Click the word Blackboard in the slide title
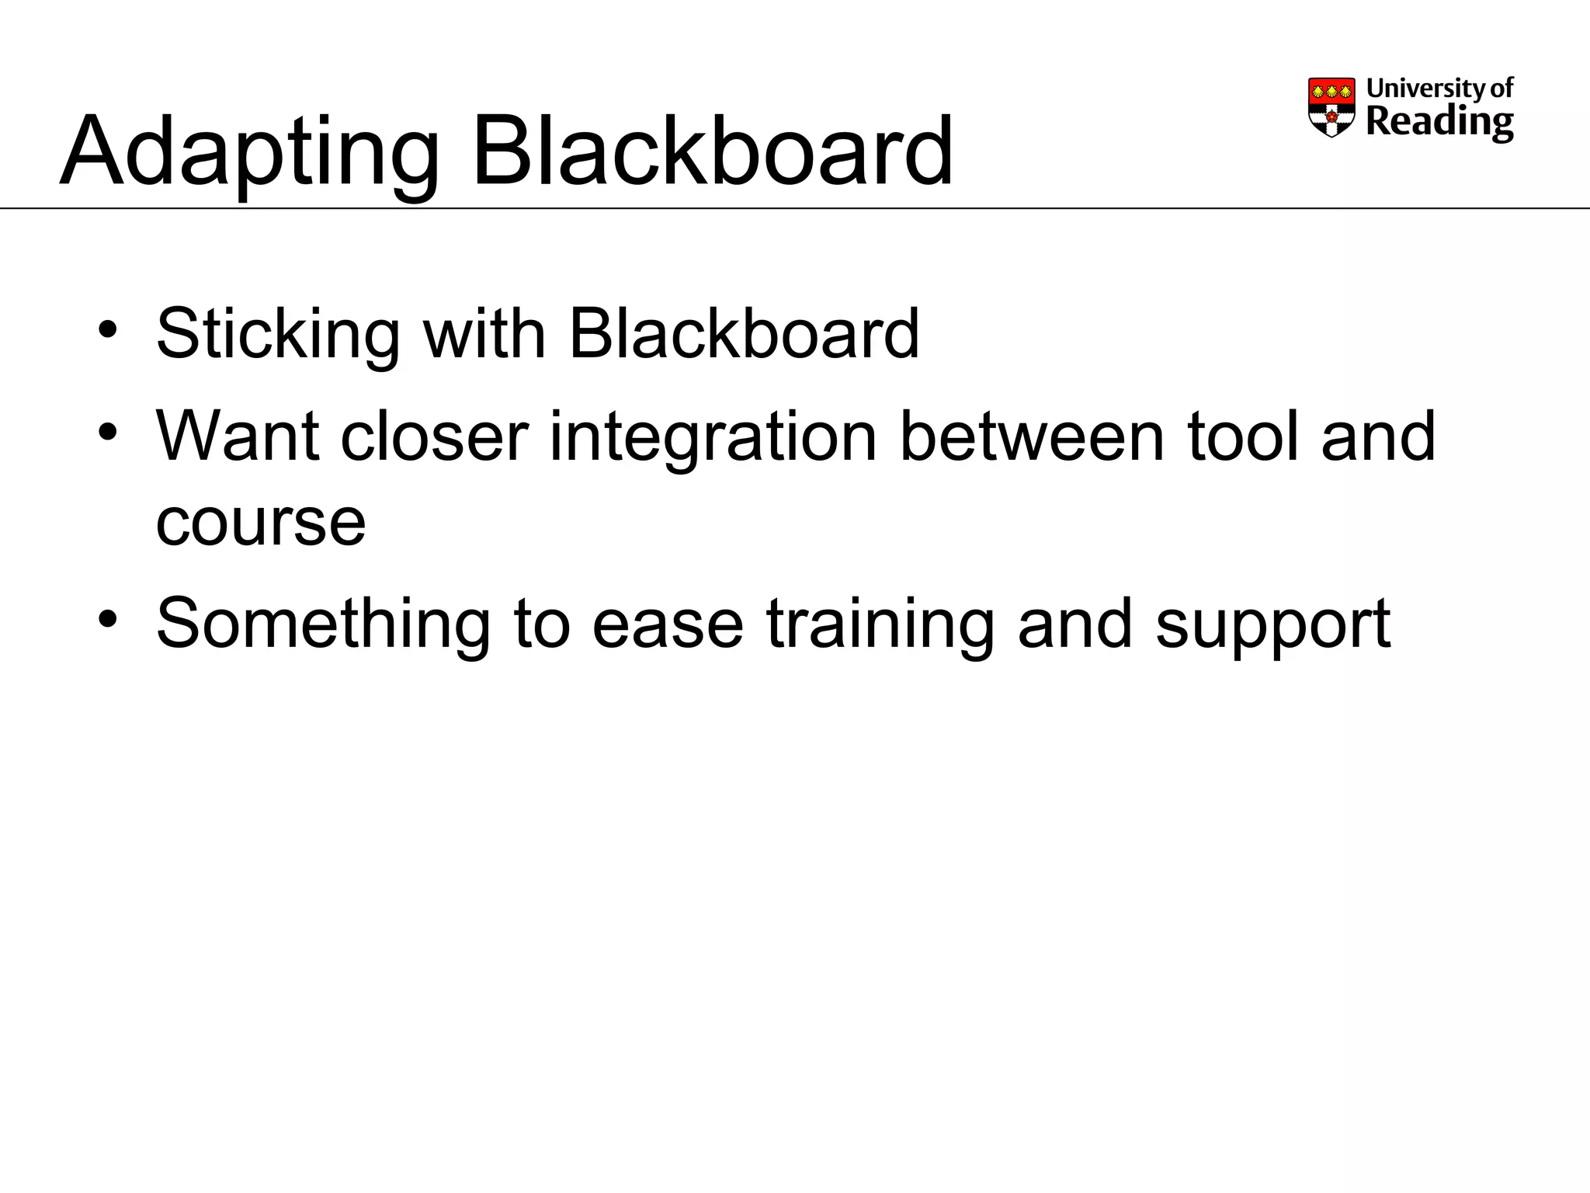click(712, 151)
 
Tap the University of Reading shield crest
click(1331, 107)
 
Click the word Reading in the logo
click(1439, 123)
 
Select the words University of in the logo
click(1439, 88)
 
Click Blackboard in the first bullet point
click(744, 334)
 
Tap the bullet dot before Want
click(108, 431)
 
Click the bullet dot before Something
click(108, 618)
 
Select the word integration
click(713, 437)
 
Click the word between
click(1032, 437)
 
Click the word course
click(261, 523)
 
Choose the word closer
click(434, 437)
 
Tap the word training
click(880, 624)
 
